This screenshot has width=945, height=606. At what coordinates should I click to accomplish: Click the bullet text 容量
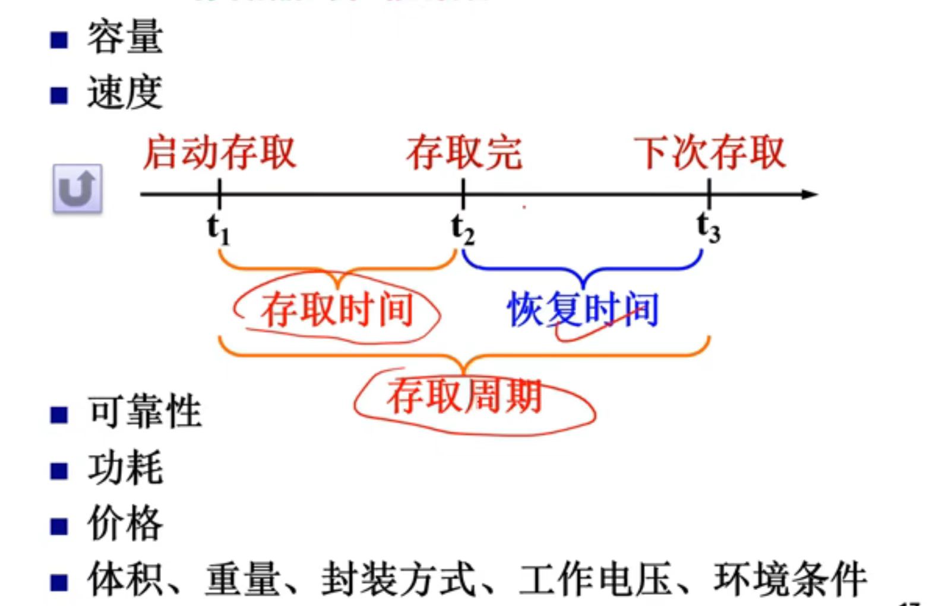click(x=125, y=37)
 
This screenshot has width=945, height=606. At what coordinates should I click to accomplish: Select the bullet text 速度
click(x=125, y=93)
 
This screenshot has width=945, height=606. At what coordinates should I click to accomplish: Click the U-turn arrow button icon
click(x=78, y=188)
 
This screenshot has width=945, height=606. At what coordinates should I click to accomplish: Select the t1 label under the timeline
click(x=218, y=229)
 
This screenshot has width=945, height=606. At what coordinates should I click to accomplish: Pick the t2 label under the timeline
click(x=463, y=229)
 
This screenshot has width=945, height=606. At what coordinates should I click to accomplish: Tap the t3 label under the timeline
click(x=709, y=228)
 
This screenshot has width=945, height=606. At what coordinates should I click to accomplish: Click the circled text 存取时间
click(x=337, y=310)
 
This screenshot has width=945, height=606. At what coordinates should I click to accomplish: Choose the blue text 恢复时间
click(x=583, y=310)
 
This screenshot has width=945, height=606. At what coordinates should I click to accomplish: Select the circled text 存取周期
click(x=464, y=396)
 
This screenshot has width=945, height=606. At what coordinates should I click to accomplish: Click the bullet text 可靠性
click(x=144, y=411)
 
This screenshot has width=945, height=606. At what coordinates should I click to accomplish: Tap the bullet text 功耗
click(x=125, y=468)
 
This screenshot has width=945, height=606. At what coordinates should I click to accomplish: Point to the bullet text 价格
click(x=125, y=523)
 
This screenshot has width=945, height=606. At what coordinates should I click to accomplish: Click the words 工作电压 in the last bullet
click(x=596, y=579)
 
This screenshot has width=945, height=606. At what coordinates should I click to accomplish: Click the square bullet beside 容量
click(x=59, y=40)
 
